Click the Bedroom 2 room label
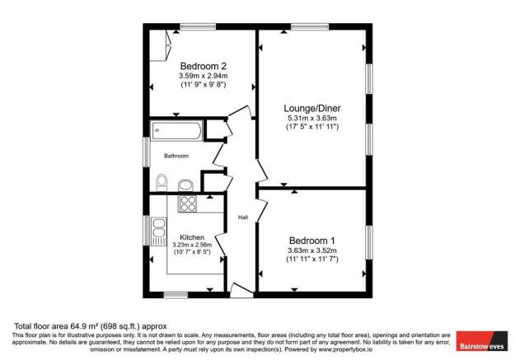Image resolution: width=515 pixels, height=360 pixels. pyautogui.click(x=204, y=66)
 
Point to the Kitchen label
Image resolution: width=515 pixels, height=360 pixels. pyautogui.click(x=192, y=236)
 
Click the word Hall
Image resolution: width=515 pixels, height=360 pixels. pyautogui.click(x=243, y=217)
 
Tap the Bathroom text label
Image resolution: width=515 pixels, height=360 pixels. pyautogui.click(x=176, y=156)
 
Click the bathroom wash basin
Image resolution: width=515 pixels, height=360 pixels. pyautogui.click(x=187, y=183)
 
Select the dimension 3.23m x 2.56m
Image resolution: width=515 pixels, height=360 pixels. pyautogui.click(x=192, y=245)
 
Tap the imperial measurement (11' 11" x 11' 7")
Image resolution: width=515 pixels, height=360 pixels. pyautogui.click(x=311, y=259)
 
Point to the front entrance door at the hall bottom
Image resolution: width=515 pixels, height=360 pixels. pyautogui.click(x=241, y=288)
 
